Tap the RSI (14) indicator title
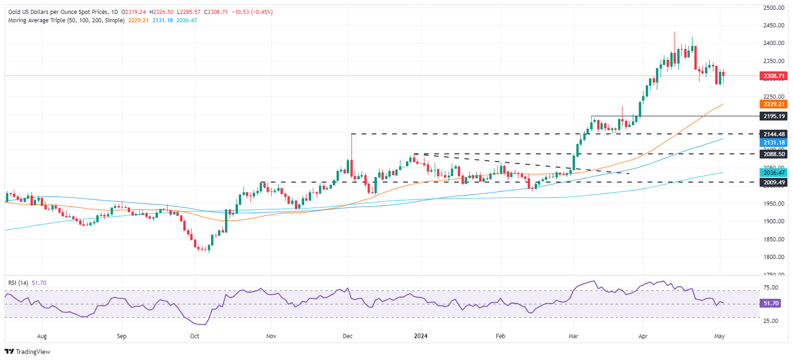(x=19, y=283)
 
